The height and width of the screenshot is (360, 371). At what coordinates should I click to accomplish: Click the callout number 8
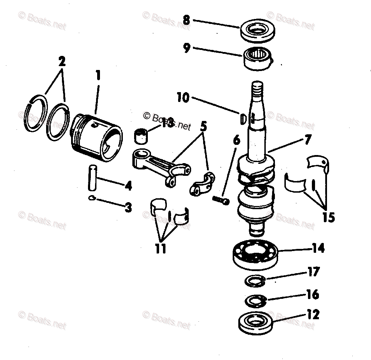click(186, 20)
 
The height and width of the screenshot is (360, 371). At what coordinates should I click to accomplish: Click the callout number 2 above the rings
click(62, 62)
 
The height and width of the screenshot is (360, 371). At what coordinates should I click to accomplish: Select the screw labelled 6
click(221, 201)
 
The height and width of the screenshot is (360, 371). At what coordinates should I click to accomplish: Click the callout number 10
click(183, 97)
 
